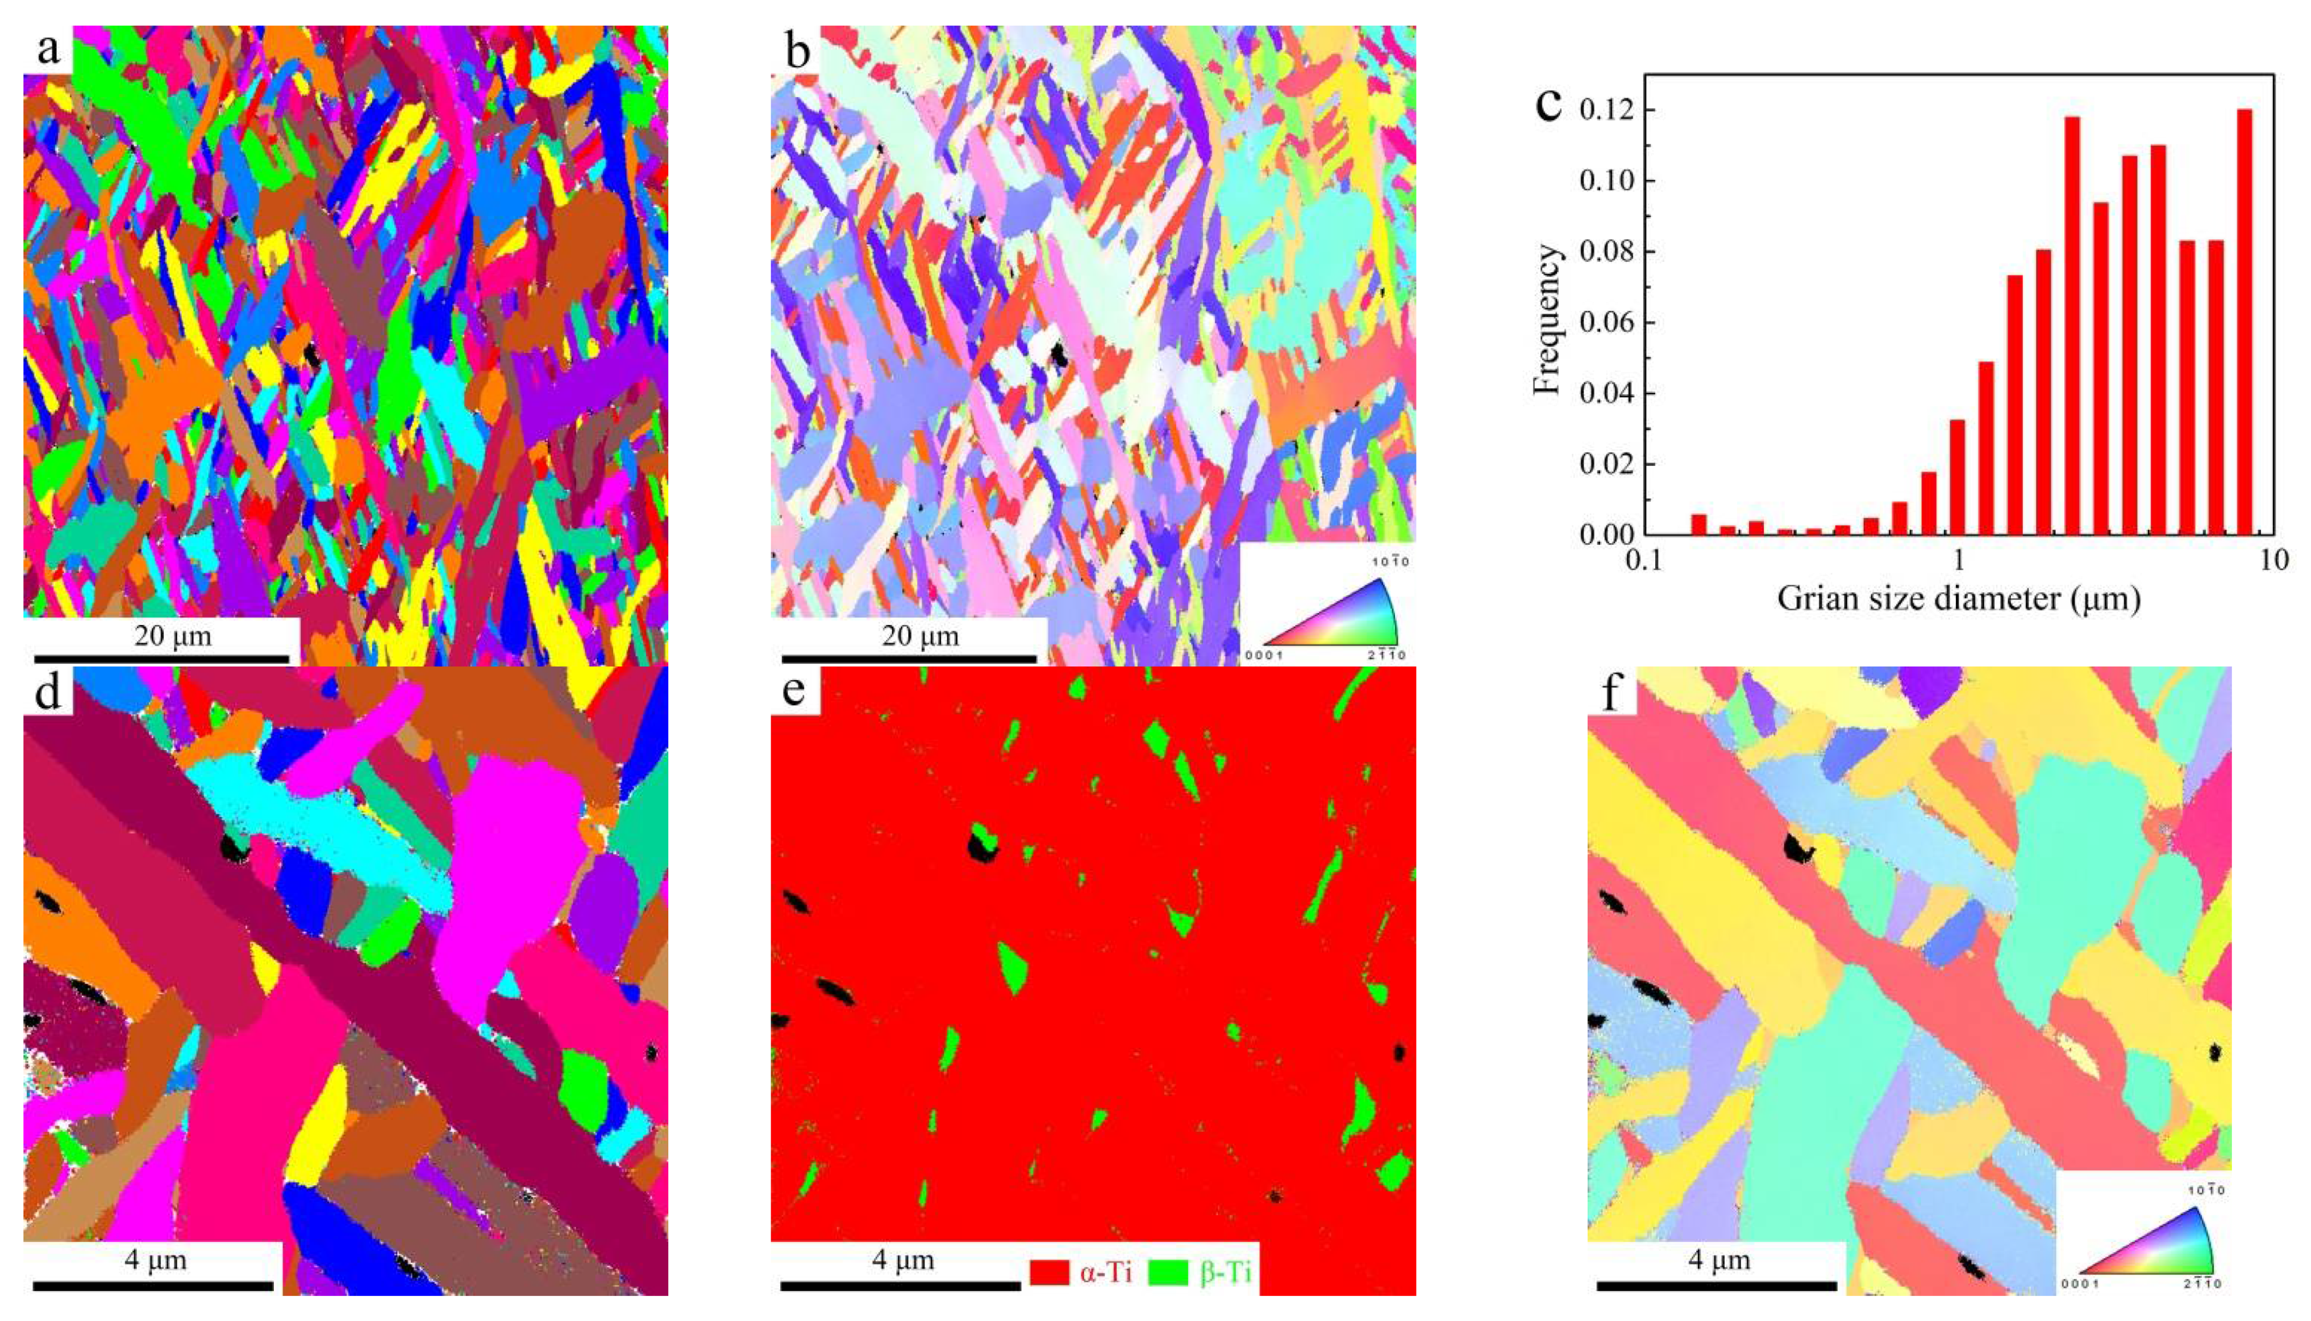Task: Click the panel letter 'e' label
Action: tap(796, 691)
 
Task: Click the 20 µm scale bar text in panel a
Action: tap(172, 636)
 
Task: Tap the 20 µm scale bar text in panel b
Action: tap(920, 636)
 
